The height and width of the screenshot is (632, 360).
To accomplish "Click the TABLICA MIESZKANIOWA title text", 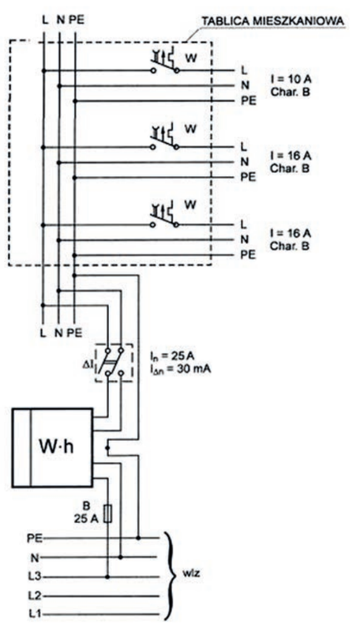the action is (272, 21).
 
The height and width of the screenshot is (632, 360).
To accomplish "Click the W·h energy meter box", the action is (52, 447).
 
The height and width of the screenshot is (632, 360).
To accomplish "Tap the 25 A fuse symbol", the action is (107, 514).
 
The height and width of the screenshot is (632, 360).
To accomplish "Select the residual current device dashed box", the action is (114, 363).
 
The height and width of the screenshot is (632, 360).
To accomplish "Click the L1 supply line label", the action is (34, 615).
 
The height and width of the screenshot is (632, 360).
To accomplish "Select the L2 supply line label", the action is (34, 596).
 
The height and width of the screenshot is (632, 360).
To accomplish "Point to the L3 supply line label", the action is (34, 577).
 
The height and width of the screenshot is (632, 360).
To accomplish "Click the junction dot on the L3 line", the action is (107, 577).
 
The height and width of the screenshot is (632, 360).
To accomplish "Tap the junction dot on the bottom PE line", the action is (138, 538).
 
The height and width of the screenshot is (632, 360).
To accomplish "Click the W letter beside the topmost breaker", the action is (191, 58).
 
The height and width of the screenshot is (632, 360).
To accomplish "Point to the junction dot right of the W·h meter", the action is (107, 447).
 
